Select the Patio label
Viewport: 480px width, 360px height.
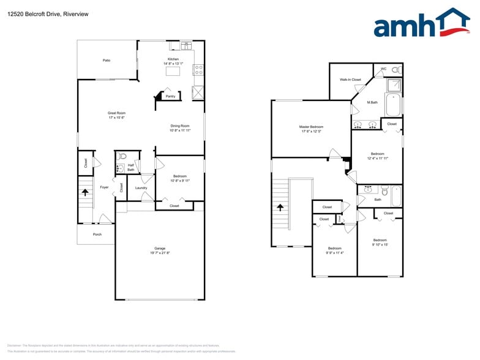coord(107,60)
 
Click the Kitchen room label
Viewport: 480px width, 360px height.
coord(173,59)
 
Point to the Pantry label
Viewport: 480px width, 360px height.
coord(170,96)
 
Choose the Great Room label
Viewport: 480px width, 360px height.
coord(116,113)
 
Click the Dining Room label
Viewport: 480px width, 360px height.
coord(180,126)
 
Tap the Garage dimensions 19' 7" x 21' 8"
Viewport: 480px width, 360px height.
coord(159,252)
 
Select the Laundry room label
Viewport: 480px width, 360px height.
coord(141,188)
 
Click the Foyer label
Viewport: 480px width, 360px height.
coord(104,187)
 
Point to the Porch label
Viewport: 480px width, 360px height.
coord(97,234)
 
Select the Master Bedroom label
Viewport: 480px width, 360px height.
coord(312,127)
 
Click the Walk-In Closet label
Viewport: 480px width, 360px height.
coord(350,80)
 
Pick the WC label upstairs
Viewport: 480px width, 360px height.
coord(383,69)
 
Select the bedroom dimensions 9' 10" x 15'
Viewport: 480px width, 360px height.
coord(380,244)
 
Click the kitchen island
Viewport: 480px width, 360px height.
coord(173,71)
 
